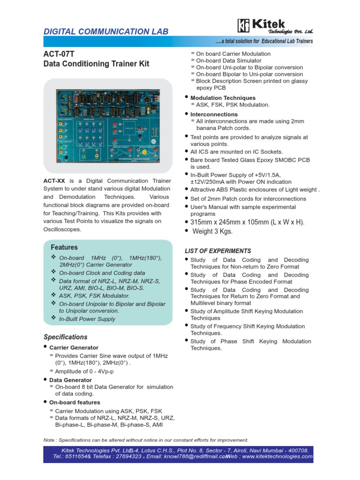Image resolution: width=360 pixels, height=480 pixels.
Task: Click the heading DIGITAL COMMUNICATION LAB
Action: point(105,32)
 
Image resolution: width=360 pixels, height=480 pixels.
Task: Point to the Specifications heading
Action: point(66,337)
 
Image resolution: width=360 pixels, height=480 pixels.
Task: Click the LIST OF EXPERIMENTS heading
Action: point(218,251)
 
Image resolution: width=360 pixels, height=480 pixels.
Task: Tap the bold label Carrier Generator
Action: point(74,348)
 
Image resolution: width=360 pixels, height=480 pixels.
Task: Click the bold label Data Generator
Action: point(71,380)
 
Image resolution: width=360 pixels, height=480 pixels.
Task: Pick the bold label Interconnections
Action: point(214,114)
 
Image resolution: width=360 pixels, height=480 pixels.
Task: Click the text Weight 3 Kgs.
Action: point(212,232)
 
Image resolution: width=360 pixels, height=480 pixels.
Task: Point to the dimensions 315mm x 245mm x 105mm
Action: point(247,222)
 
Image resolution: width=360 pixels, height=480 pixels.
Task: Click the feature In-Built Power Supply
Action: point(87,319)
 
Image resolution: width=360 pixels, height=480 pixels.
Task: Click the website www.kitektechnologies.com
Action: point(277,457)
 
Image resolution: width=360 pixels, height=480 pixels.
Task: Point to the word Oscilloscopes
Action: point(62,229)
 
